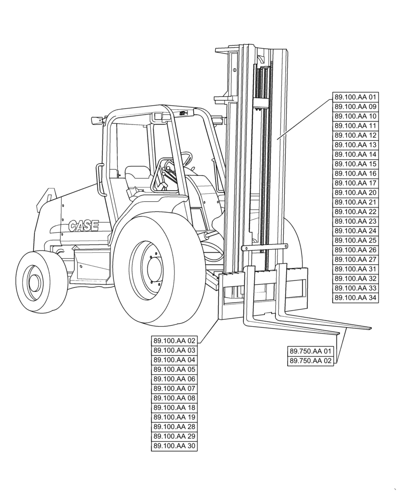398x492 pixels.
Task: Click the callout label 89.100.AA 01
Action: (355, 97)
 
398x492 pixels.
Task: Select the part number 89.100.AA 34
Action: (355, 298)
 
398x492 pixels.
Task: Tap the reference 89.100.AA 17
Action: (355, 183)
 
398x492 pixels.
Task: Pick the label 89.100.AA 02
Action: (174, 340)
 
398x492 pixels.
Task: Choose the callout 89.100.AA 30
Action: (174, 446)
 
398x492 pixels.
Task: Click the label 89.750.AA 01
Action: (311, 351)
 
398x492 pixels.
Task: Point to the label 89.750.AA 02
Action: (311, 361)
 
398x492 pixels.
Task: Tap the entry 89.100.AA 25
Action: (355, 240)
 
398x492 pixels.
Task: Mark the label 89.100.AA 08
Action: (174, 398)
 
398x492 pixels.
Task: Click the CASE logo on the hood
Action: (83, 226)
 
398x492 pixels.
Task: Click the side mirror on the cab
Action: (97, 120)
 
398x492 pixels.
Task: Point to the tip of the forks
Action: (367, 328)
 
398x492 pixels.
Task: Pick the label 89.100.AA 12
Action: (355, 135)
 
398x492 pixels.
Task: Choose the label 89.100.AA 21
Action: (355, 202)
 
